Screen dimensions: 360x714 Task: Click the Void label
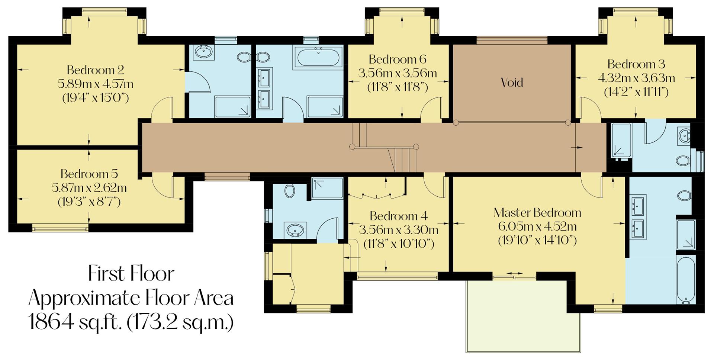pos(512,83)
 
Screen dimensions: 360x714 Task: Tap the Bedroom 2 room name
pos(95,70)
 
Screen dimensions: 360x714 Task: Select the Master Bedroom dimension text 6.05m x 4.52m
pos(537,226)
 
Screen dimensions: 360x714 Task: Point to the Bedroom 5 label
pos(89,174)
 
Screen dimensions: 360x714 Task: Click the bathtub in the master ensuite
pos(686,280)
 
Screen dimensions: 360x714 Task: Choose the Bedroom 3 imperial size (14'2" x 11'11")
pos(636,92)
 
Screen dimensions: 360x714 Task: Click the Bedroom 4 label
pos(398,216)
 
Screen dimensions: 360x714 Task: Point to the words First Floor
pos(131,274)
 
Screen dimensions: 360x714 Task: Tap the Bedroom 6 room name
pos(397,60)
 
